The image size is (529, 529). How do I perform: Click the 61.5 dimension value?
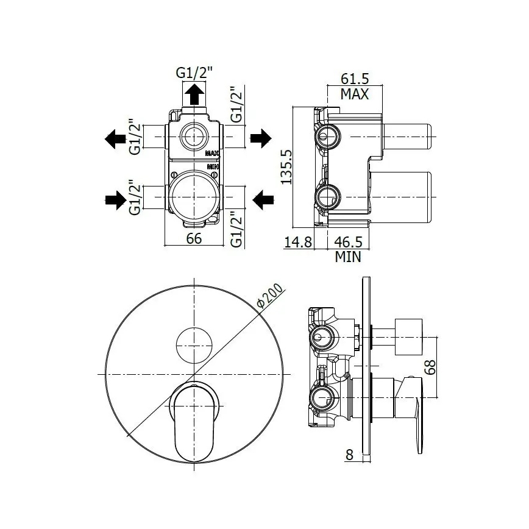point(355,79)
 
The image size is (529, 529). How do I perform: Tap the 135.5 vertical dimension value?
point(286,167)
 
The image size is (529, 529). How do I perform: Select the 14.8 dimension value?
point(298,242)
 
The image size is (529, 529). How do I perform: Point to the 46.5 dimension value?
point(348,242)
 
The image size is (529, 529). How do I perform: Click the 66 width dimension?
point(194,238)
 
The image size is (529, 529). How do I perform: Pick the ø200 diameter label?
point(270,296)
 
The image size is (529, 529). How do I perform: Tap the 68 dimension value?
point(430,367)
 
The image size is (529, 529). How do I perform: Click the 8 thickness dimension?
point(349,455)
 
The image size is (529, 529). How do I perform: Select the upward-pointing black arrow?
point(194,94)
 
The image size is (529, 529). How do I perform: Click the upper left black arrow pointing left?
point(115,139)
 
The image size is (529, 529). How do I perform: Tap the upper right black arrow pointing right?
point(261,138)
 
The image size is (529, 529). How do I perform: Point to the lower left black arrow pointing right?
point(116,200)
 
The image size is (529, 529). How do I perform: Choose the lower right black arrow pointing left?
point(263,200)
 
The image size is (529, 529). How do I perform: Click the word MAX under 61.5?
point(355,94)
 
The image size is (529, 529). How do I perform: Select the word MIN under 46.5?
point(348,257)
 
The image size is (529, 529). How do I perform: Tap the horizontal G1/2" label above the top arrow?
point(194,73)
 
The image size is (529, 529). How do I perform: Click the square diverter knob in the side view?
point(408,336)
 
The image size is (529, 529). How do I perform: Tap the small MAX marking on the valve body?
point(212,154)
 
